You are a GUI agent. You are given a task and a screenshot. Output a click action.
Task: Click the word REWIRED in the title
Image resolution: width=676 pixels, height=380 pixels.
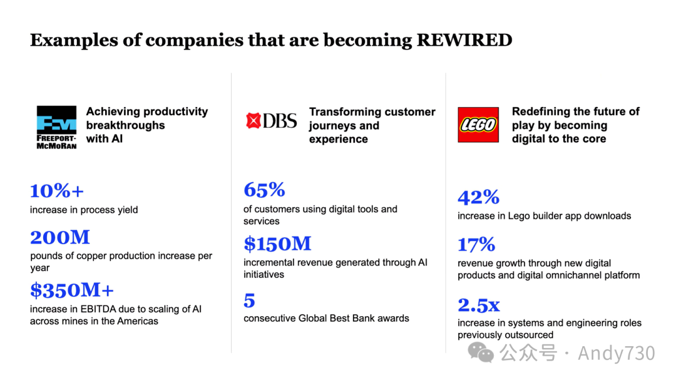(464, 41)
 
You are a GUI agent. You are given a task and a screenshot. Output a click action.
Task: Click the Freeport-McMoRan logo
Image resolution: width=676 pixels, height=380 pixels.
(56, 127)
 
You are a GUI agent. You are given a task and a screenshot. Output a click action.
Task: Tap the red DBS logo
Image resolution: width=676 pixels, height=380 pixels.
(272, 120)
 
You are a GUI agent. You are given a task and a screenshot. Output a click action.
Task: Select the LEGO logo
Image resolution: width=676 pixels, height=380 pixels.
(478, 125)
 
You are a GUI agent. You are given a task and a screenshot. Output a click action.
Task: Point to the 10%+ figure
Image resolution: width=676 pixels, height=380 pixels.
(56, 190)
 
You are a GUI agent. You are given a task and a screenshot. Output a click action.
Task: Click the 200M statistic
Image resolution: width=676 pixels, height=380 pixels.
(60, 237)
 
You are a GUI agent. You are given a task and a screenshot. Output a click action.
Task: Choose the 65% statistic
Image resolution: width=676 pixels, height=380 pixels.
(264, 190)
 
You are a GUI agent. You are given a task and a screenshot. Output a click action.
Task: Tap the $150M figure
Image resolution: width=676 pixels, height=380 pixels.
(277, 244)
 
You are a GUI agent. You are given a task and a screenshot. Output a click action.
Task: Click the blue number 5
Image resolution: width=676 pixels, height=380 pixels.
(249, 301)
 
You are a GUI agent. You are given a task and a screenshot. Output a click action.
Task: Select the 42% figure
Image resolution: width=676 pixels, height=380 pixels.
(478, 197)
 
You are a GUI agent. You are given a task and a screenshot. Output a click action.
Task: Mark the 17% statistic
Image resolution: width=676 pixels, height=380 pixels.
(476, 244)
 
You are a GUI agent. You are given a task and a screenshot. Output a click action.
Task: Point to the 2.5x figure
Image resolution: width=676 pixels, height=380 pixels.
(479, 305)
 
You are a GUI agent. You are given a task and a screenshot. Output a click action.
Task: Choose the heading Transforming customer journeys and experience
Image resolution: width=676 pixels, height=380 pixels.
(372, 125)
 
